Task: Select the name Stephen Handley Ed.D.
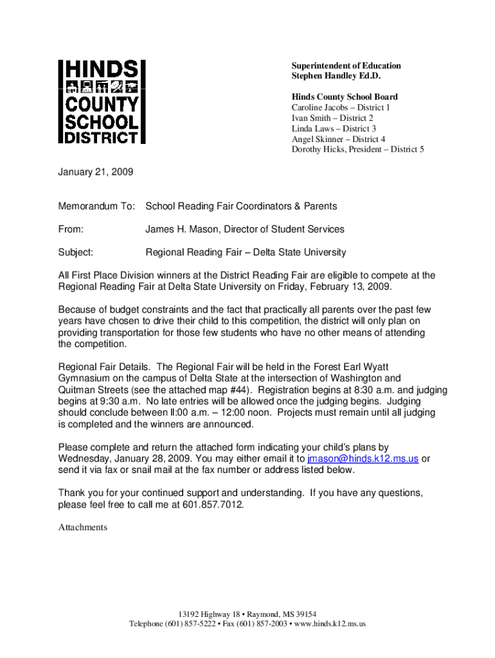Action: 336,76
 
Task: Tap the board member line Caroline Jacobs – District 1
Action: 341,107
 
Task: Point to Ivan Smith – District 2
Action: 332,118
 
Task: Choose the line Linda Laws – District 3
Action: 334,129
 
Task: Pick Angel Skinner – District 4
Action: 338,139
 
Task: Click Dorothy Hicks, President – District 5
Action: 357,150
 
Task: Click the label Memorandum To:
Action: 97,206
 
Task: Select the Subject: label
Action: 76,253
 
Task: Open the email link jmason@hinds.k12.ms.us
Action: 363,459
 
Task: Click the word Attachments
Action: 83,528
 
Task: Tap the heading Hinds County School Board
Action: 345,97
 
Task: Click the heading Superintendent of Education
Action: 346,66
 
